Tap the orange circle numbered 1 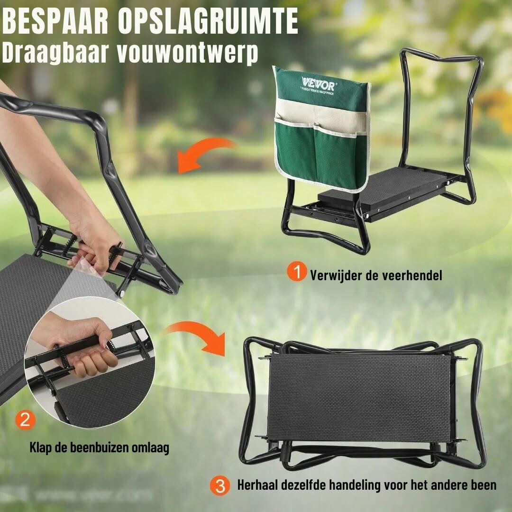tap(297, 273)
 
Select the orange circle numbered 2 tap(25, 421)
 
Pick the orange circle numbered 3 tap(219, 485)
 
